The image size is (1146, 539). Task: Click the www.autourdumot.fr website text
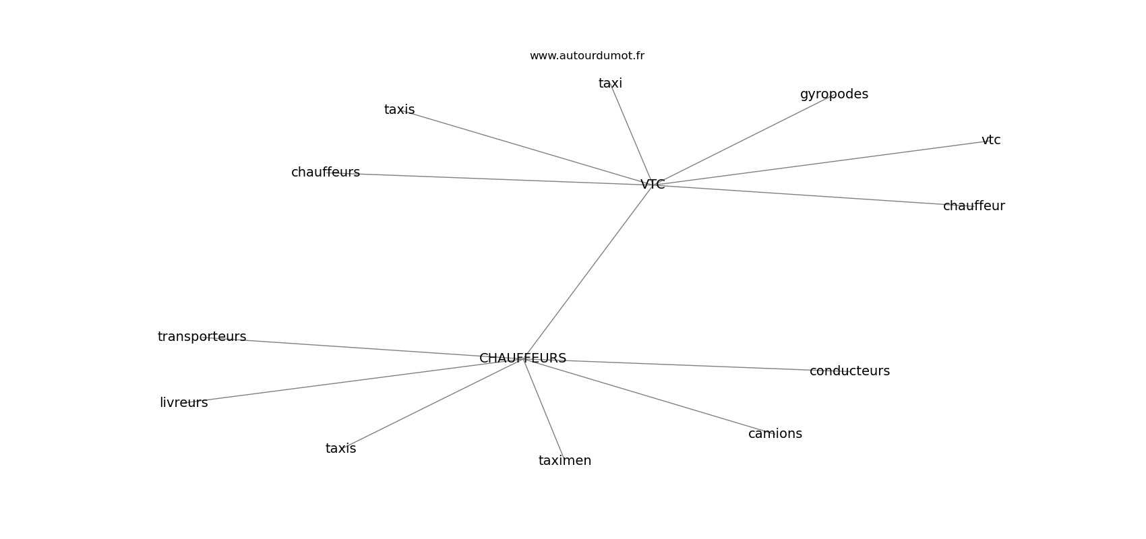point(586,56)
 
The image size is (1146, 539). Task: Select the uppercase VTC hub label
point(653,185)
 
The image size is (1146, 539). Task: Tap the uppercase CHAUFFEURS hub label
point(522,358)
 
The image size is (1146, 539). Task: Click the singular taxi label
point(610,84)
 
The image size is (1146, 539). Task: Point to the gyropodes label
point(834,94)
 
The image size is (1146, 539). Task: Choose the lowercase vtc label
point(991,140)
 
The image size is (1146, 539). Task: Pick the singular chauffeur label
point(973,206)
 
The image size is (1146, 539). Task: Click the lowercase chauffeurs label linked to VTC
point(326,172)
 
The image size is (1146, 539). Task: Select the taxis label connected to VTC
point(399,110)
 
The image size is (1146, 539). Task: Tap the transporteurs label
point(202,337)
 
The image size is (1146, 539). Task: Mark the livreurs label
point(183,403)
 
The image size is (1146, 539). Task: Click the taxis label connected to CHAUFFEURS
point(340,449)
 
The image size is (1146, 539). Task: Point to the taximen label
point(565,461)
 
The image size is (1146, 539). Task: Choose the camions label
point(775,434)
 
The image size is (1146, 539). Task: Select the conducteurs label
point(849,371)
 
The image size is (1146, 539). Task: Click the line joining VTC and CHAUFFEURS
point(588,272)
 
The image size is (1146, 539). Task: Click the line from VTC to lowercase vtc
point(822,162)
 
